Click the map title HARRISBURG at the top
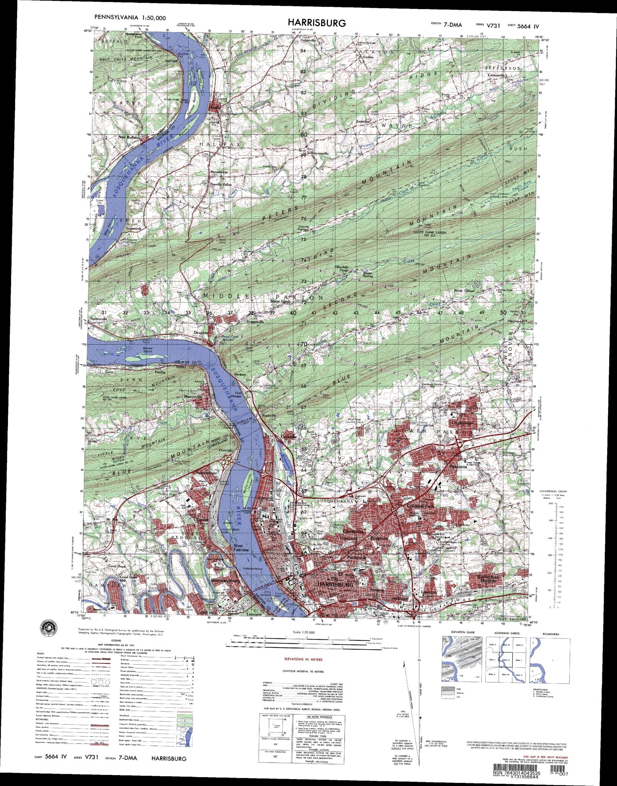pyautogui.click(x=317, y=23)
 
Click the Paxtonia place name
pyautogui.click(x=458, y=466)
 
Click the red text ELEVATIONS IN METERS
pyautogui.click(x=303, y=659)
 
